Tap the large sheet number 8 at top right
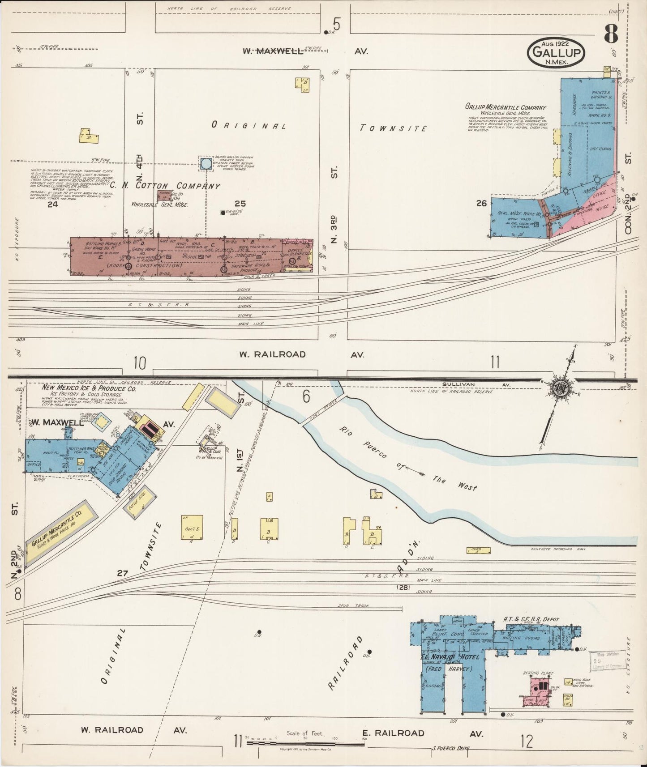(x=611, y=34)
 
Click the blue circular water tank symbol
(x=206, y=163)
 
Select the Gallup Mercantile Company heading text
(x=506, y=107)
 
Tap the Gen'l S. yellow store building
(x=192, y=528)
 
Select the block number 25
(x=240, y=204)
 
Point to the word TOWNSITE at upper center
(x=394, y=128)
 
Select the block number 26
(x=481, y=203)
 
